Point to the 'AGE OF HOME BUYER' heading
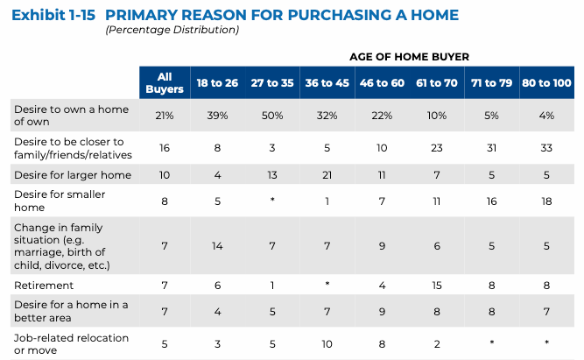(x=411, y=56)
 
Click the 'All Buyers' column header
(x=164, y=83)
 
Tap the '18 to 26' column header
(x=218, y=83)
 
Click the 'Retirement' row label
(x=44, y=286)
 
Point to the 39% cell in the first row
(x=218, y=116)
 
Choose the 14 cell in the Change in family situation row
(x=218, y=246)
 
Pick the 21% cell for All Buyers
(x=164, y=116)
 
